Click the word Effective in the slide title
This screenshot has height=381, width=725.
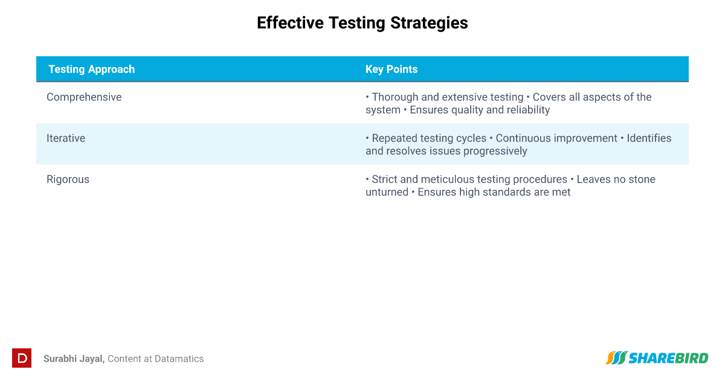(290, 23)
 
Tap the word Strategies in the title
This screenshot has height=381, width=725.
(429, 24)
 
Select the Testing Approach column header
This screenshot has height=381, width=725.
(92, 70)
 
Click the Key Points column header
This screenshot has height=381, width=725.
(391, 70)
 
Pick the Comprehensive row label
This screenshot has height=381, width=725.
(84, 97)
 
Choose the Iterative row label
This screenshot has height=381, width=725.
(66, 138)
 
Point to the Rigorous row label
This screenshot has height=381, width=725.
(68, 180)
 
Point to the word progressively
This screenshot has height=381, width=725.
(495, 151)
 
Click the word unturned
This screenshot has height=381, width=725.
(387, 192)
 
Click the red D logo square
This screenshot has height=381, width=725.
(22, 358)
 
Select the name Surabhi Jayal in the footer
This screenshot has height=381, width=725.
(74, 359)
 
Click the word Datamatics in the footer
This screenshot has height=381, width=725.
(179, 359)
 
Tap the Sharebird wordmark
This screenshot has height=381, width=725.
(668, 358)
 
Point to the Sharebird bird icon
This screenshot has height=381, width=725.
(616, 358)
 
